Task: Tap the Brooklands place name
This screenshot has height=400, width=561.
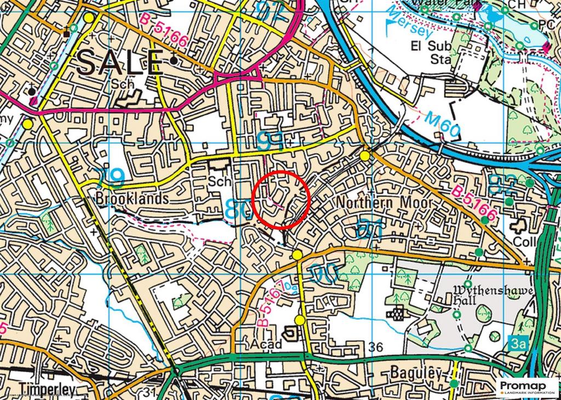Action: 132,198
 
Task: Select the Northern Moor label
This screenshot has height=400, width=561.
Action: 384,203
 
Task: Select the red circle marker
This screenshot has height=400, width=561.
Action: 282,199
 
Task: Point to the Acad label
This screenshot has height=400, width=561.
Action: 268,344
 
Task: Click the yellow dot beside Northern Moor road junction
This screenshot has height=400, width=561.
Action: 365,156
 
